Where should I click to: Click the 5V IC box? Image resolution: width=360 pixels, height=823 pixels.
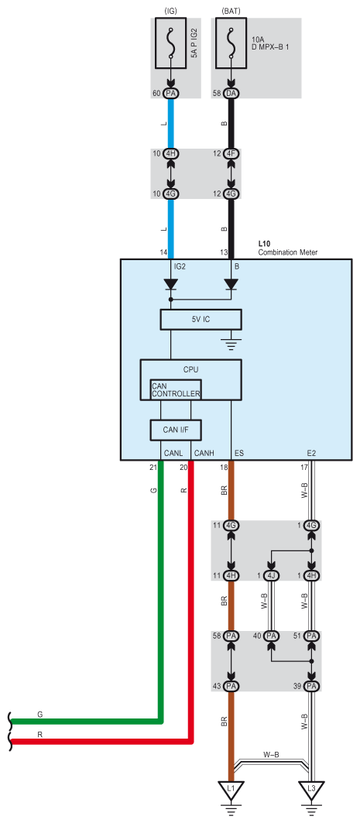[x=201, y=319]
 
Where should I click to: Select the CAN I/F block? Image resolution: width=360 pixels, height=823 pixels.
[x=176, y=430]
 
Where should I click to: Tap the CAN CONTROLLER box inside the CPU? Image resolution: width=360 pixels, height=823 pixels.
[x=175, y=389]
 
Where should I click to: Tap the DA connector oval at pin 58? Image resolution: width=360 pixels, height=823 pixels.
[x=231, y=94]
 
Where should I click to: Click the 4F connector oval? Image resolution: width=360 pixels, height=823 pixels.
[x=231, y=154]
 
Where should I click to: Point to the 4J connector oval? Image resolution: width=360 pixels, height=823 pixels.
[x=271, y=576]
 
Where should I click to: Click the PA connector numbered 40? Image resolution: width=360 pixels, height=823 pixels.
[x=271, y=636]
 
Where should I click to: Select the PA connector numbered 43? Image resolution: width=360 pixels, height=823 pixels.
[x=231, y=686]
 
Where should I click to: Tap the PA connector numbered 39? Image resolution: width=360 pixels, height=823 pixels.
[x=311, y=686]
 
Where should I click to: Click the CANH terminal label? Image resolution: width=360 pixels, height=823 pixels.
[x=203, y=453]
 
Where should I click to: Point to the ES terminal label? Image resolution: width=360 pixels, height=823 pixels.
[x=238, y=453]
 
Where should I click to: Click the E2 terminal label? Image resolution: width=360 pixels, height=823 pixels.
[x=311, y=453]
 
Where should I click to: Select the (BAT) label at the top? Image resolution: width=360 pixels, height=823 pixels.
[x=231, y=11]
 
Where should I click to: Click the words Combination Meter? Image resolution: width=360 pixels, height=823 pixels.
[x=288, y=252]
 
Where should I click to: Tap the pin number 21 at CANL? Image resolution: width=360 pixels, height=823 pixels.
[x=153, y=467]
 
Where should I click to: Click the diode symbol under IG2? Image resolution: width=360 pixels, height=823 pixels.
[x=170, y=284]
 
